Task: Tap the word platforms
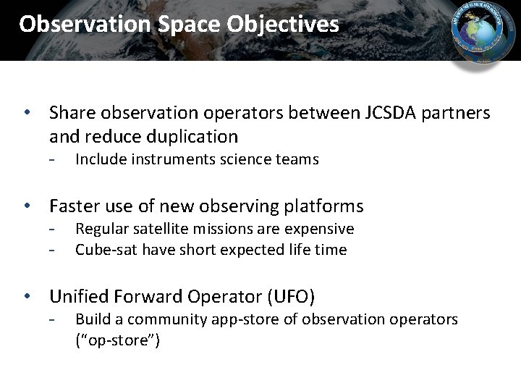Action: coord(321,206)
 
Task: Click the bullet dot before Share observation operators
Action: coord(26,114)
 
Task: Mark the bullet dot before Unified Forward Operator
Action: coord(26,297)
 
